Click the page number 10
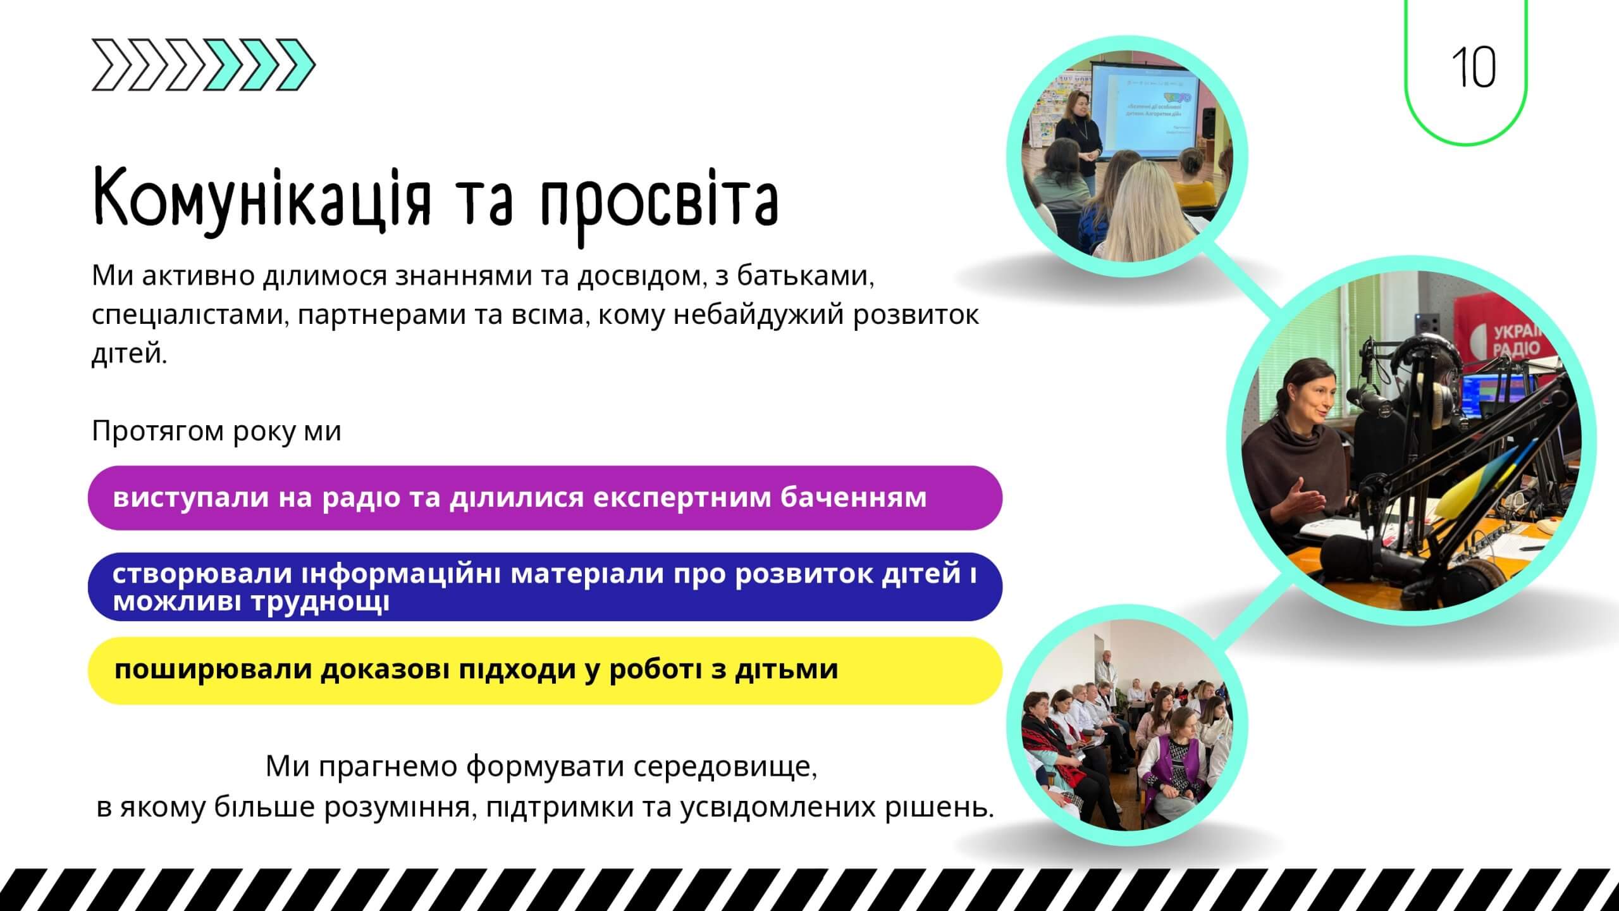coord(1473,68)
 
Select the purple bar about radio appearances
coord(544,498)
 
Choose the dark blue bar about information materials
coord(544,586)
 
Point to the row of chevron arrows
coord(203,65)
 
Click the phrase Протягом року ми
coord(216,431)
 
